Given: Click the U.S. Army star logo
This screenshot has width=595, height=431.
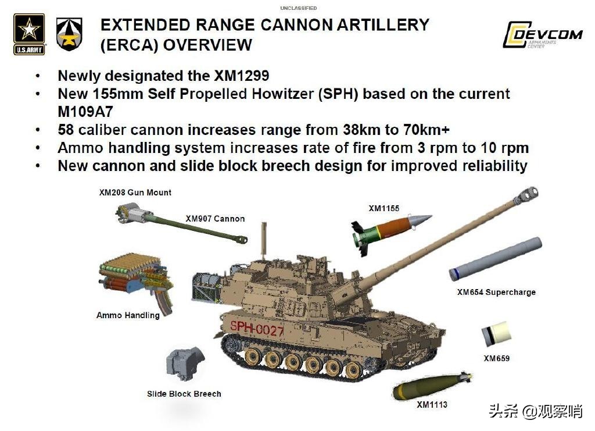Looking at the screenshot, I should (x=29, y=34).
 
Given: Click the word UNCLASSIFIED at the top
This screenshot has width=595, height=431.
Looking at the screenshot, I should (x=299, y=8).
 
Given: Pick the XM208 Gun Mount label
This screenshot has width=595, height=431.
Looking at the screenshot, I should (x=135, y=193).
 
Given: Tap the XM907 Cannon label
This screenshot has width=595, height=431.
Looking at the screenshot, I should (x=215, y=219).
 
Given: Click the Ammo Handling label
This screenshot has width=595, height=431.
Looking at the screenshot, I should (x=128, y=315).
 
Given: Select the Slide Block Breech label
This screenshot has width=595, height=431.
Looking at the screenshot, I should (x=184, y=394).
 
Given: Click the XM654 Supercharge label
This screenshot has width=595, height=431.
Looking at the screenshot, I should (x=496, y=292).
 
